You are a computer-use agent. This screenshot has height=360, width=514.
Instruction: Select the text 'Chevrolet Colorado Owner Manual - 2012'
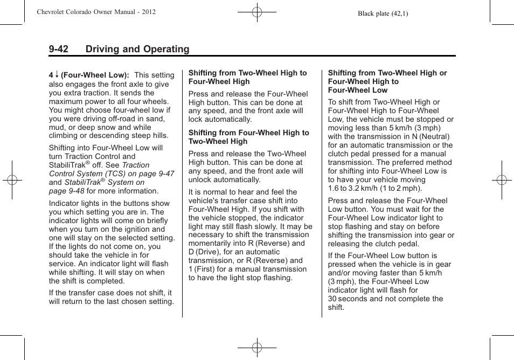click(x=96, y=11)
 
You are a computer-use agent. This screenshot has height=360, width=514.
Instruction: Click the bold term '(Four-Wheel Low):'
click(x=95, y=75)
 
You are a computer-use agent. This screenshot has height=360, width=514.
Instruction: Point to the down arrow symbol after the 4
click(x=56, y=75)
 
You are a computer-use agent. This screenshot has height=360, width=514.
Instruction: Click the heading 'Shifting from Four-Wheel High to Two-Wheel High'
click(x=248, y=137)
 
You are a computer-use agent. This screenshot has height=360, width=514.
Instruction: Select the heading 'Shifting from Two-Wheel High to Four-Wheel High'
click(x=247, y=77)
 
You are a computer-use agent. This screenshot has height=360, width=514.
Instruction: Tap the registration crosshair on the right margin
click(x=502, y=180)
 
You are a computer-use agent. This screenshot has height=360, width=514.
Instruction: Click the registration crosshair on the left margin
click(x=11, y=180)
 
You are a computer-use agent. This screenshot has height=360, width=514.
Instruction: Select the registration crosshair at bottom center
click(x=257, y=348)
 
